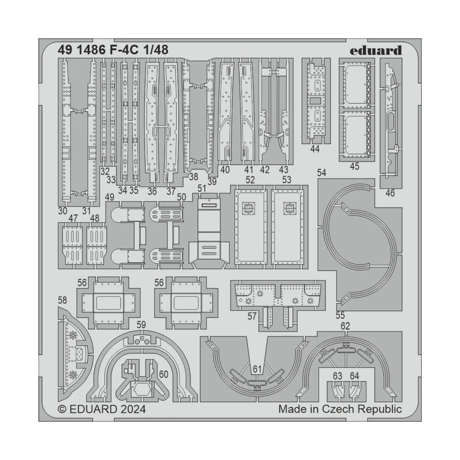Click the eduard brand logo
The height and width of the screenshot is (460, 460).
click(x=375, y=50)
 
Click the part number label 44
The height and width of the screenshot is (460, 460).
click(x=314, y=149)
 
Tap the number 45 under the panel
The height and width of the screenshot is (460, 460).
click(x=355, y=166)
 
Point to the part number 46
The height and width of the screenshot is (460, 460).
click(x=390, y=193)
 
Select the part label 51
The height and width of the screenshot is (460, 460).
click(x=202, y=188)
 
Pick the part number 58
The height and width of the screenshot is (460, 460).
click(x=62, y=299)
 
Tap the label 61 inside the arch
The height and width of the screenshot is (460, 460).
click(x=257, y=369)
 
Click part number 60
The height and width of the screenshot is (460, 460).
click(x=164, y=374)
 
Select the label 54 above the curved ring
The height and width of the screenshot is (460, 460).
click(x=322, y=173)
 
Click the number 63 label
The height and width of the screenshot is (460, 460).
click(x=337, y=376)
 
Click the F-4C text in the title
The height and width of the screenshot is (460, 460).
click(x=120, y=50)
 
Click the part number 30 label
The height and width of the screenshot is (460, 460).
click(x=63, y=211)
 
